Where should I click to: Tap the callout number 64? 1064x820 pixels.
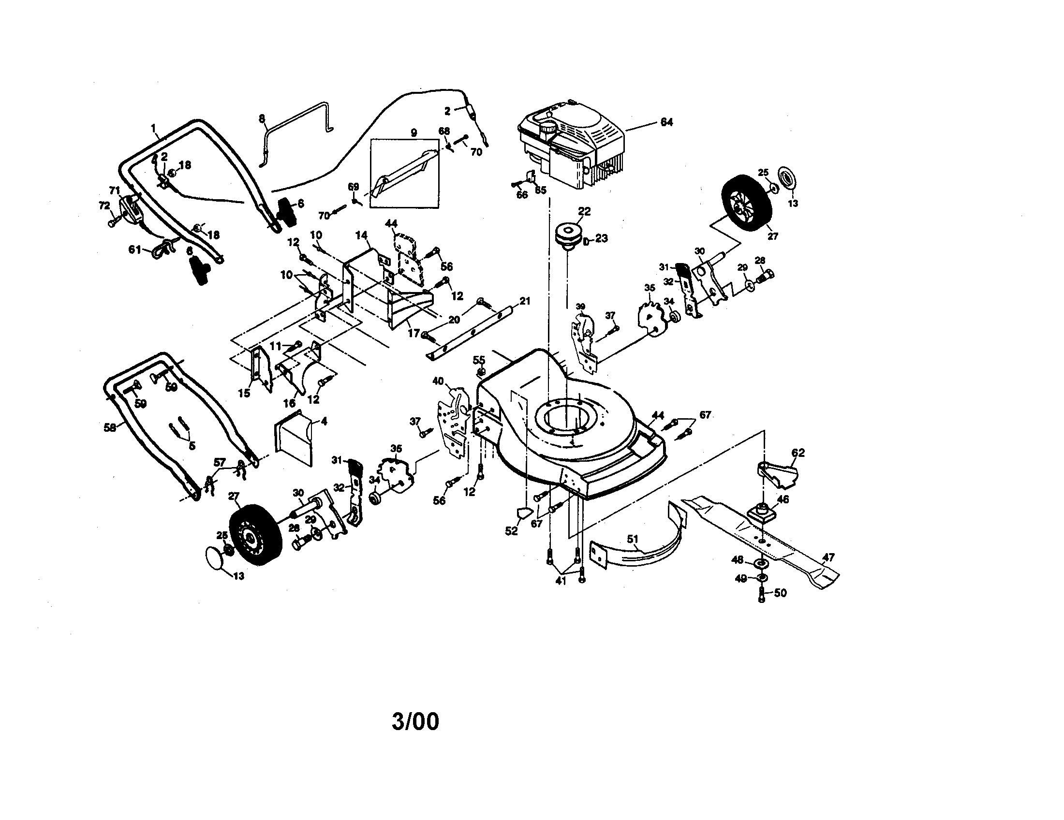(666, 122)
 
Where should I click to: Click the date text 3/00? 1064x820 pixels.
(415, 722)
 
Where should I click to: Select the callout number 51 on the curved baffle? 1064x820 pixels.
(633, 539)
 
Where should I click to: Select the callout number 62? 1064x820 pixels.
(798, 453)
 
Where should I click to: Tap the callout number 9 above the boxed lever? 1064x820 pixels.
(414, 132)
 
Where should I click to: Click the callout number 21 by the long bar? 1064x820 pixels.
(524, 301)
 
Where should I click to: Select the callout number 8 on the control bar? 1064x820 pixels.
(262, 118)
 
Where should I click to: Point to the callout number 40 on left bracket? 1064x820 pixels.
(438, 381)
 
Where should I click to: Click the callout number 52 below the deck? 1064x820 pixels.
(511, 531)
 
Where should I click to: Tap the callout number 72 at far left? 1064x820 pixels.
(104, 206)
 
